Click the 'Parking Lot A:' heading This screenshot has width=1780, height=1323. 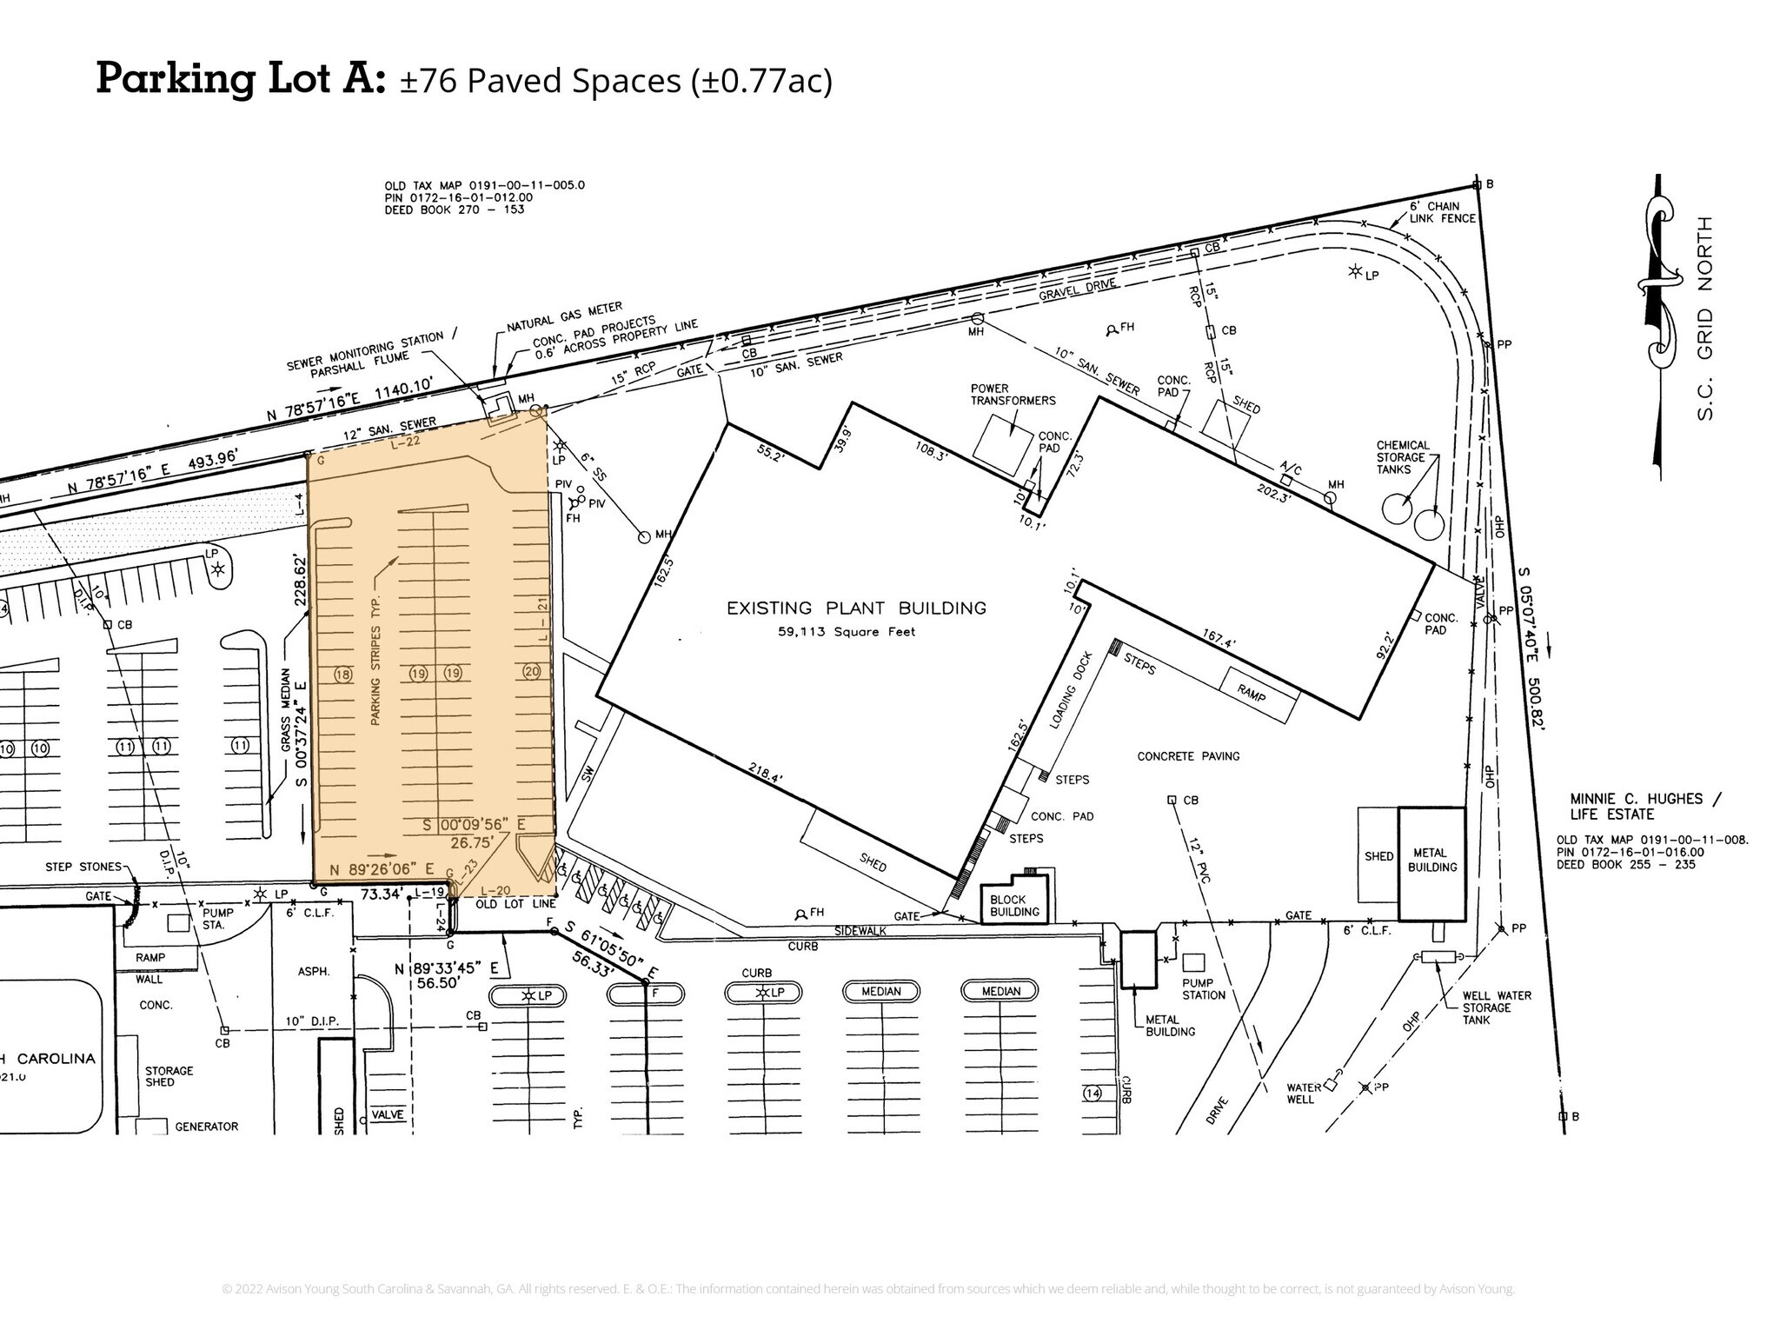240,79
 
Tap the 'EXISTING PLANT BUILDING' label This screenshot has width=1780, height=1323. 856,608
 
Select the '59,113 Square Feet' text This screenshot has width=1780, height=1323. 847,632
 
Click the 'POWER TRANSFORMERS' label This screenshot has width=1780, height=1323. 1013,395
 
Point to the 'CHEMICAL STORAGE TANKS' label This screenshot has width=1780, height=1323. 1402,457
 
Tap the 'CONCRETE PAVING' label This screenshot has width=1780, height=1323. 1188,756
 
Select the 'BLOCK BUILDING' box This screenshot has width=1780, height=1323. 1014,906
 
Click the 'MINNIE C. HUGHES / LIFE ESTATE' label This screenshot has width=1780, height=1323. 1645,807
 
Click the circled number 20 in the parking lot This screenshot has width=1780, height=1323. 532,671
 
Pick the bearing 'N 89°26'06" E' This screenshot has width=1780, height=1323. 382,868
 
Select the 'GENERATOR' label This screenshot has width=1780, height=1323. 206,1127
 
